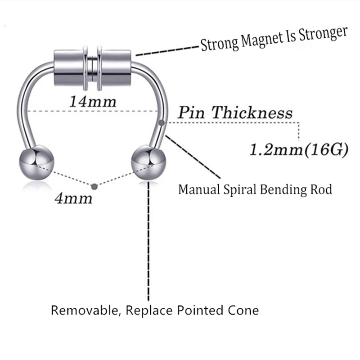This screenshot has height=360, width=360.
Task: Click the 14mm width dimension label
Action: pos(92,101)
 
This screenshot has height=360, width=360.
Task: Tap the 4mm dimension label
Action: pos(73,198)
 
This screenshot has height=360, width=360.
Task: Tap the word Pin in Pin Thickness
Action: pos(193,112)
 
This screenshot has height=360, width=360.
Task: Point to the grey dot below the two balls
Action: pos(93,186)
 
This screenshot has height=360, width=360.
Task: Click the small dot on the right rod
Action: pos(161,122)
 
